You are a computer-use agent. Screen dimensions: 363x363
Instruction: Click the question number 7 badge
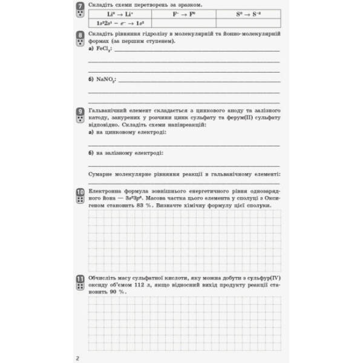80,9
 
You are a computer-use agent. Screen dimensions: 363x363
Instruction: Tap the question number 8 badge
80,39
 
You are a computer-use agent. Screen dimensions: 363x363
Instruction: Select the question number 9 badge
80,114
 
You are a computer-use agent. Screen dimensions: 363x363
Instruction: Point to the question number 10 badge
80,195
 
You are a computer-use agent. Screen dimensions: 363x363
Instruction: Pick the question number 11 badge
80,281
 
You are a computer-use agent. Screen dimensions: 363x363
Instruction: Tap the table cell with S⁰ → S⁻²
249,13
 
